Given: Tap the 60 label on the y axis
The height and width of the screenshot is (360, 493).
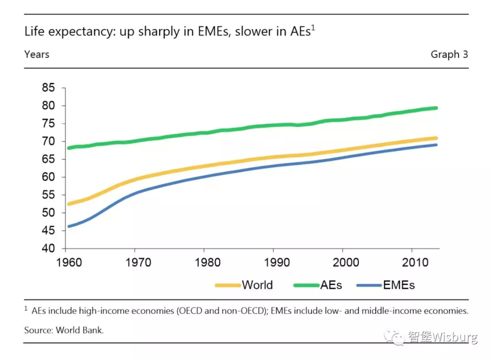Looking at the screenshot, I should coord(48,177).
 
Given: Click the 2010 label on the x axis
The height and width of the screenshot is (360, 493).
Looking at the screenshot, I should coord(412,263).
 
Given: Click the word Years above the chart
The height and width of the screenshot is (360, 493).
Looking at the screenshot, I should coord(37,54).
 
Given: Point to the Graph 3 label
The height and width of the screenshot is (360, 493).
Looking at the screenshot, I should coord(449,54).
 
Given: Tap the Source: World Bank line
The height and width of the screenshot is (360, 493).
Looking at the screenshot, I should coord(64,329).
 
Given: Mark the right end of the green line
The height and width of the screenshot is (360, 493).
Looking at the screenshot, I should coord(436,108).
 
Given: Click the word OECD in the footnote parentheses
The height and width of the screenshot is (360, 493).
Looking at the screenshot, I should coord(194,311).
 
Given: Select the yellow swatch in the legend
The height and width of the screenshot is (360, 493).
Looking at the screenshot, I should coord(227,286).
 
